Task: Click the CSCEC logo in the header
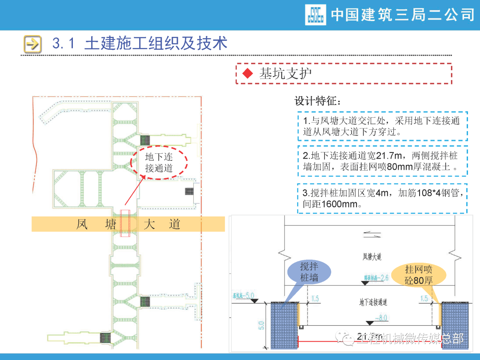[316, 15]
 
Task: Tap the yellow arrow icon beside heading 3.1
[32, 44]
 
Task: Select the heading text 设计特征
[317, 101]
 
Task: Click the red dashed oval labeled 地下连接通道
[159, 163]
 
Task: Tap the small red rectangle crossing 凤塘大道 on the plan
[125, 223]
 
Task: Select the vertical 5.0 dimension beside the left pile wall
[261, 326]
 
